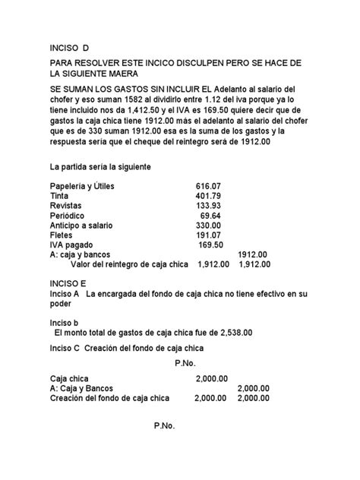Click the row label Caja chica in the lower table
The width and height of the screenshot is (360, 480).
point(69,377)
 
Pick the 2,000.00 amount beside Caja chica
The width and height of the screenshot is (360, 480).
point(211,377)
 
